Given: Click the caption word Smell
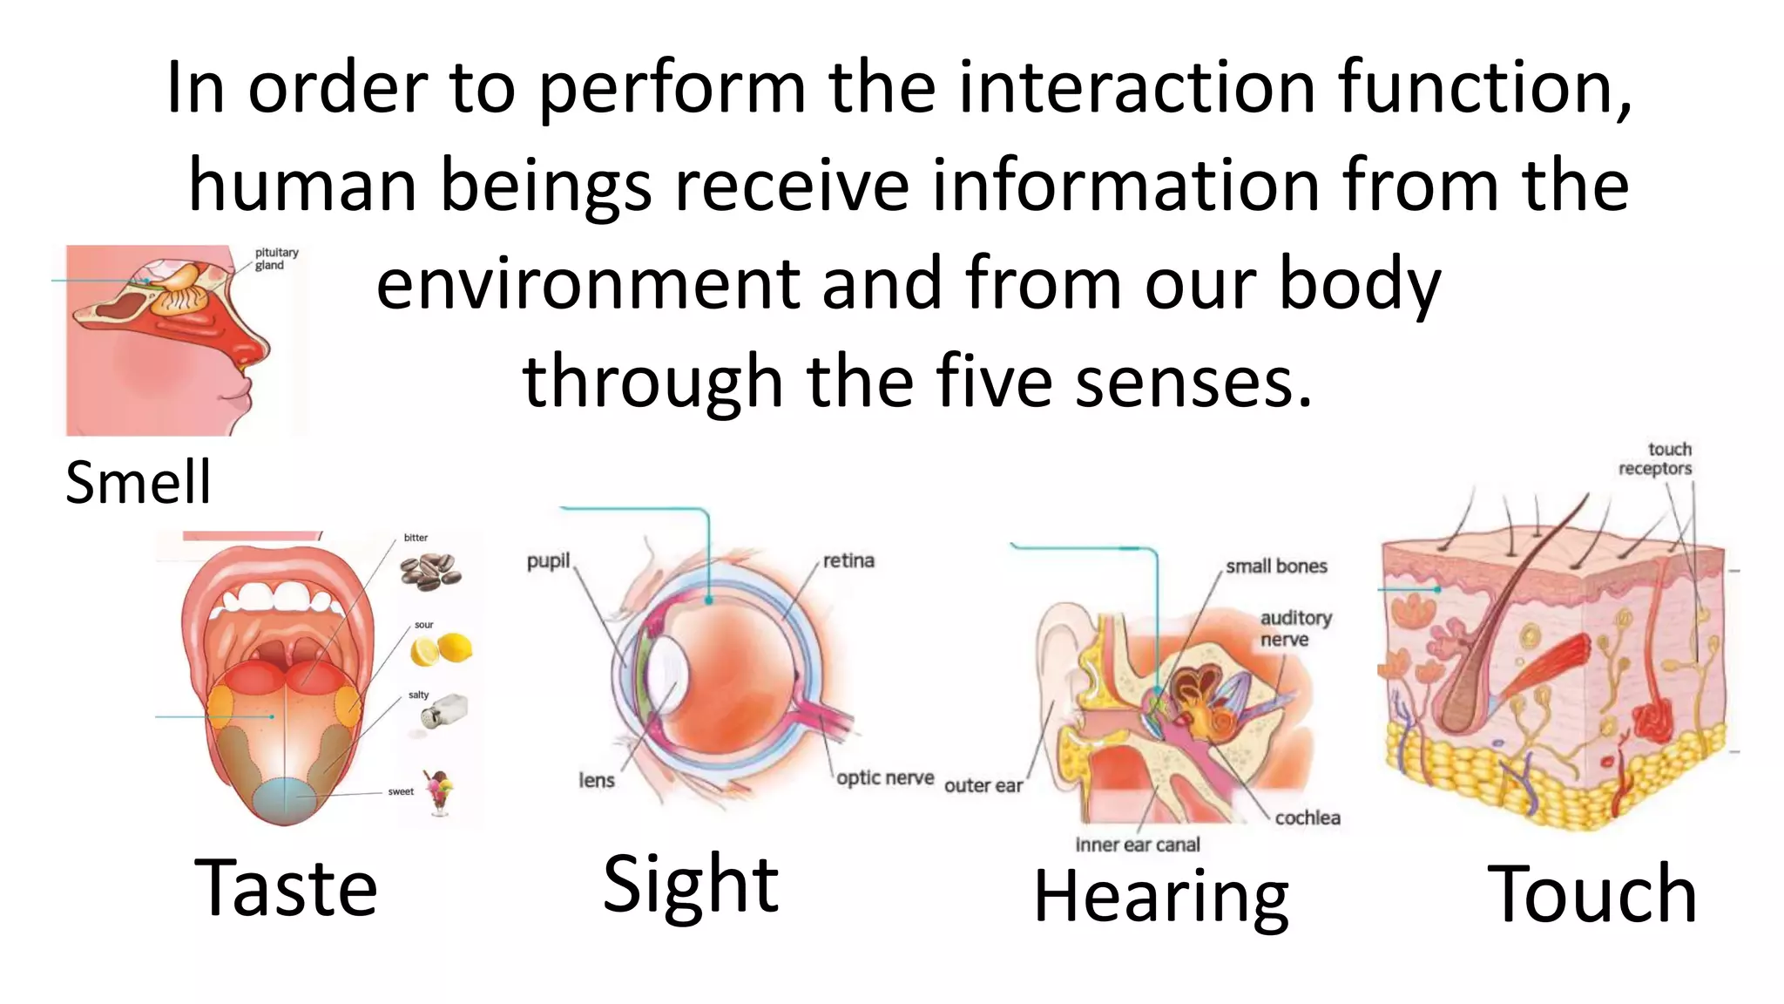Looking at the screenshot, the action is [x=138, y=482].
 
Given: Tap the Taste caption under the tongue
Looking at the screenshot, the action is [x=286, y=888].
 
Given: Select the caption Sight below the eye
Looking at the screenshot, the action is [x=691, y=885].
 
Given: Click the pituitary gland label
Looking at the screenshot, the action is [x=276, y=259].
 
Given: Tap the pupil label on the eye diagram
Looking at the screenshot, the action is [x=548, y=560].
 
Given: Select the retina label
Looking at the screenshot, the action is [x=848, y=560].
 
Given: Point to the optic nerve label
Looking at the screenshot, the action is [x=885, y=777].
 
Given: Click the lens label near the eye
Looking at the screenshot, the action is [x=597, y=780].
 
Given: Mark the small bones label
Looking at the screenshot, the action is [x=1276, y=566].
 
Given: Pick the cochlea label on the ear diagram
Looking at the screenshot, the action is [x=1307, y=817].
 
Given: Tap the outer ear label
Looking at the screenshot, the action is [x=983, y=785].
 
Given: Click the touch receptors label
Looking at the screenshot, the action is [x=1656, y=459].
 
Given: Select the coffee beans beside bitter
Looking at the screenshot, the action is [x=430, y=571].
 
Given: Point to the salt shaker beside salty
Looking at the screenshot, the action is [x=443, y=710].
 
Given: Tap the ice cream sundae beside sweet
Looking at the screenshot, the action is [x=439, y=791].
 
